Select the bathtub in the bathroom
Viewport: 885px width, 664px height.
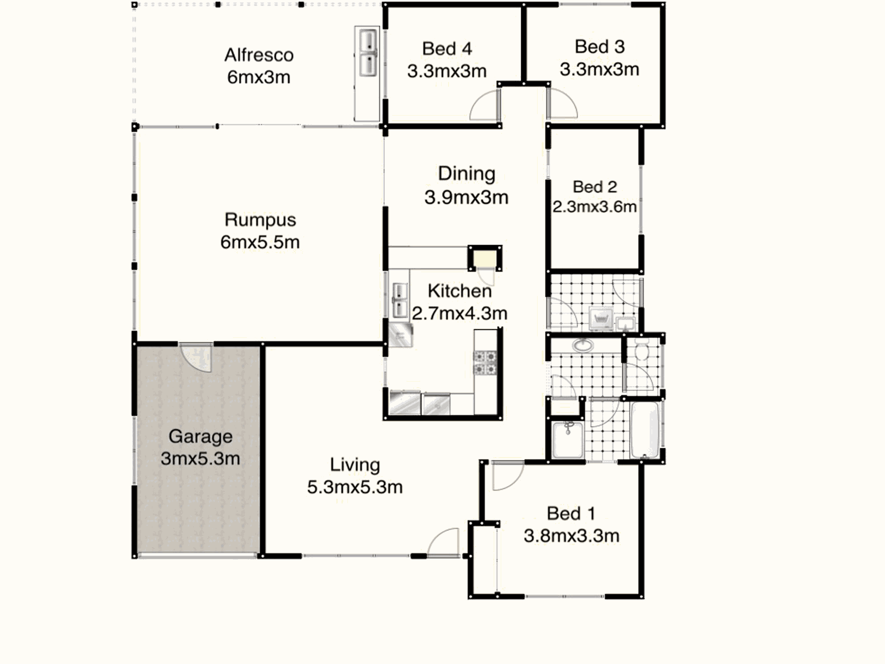click(x=645, y=430)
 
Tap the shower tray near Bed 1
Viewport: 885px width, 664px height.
click(x=567, y=440)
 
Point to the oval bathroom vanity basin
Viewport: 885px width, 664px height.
click(x=583, y=345)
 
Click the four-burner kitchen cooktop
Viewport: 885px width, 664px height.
click(x=485, y=363)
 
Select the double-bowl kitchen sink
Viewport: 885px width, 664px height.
click(x=400, y=300)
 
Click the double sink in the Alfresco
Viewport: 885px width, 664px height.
click(x=368, y=52)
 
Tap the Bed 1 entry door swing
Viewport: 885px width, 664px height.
click(x=508, y=475)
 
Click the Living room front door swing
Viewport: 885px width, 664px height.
click(x=443, y=542)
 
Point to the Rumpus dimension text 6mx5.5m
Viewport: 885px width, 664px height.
click(x=260, y=242)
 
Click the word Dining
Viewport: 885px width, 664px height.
click(x=466, y=173)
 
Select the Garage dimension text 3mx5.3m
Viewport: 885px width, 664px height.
click(x=200, y=459)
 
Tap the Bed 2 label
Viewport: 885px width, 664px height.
click(x=595, y=187)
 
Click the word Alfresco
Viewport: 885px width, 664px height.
click(x=259, y=55)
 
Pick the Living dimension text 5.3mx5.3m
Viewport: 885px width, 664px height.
click(x=355, y=487)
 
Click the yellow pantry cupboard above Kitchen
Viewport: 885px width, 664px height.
click(x=485, y=258)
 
